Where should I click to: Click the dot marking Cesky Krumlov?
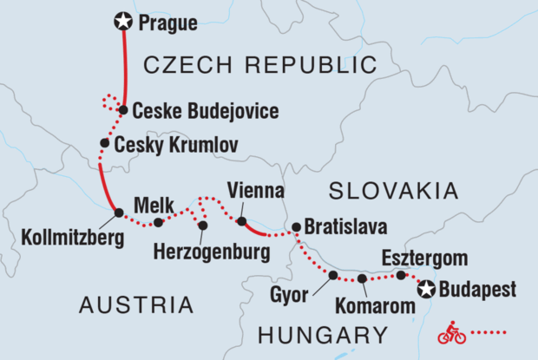(104, 143)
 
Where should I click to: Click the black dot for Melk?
(158, 223)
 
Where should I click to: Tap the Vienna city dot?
(242, 220)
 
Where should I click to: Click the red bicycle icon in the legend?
(450, 331)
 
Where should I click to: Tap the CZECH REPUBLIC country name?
(259, 64)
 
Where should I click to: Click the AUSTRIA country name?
(136, 304)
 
